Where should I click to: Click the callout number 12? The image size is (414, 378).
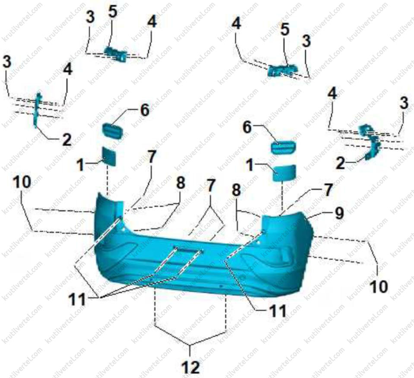coord(190,366)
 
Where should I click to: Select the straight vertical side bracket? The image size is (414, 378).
coord(37,110)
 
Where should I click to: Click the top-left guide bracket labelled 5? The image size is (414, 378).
coord(116,54)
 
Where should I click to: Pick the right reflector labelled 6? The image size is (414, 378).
coord(284,147)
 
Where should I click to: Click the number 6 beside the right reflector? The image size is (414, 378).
coord(247,127)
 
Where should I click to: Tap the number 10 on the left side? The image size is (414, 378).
coord(22,182)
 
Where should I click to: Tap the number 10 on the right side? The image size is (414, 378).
coord(379,286)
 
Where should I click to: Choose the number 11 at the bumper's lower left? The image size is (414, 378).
coord(77,300)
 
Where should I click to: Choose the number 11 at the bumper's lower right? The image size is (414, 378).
coord(277,311)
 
